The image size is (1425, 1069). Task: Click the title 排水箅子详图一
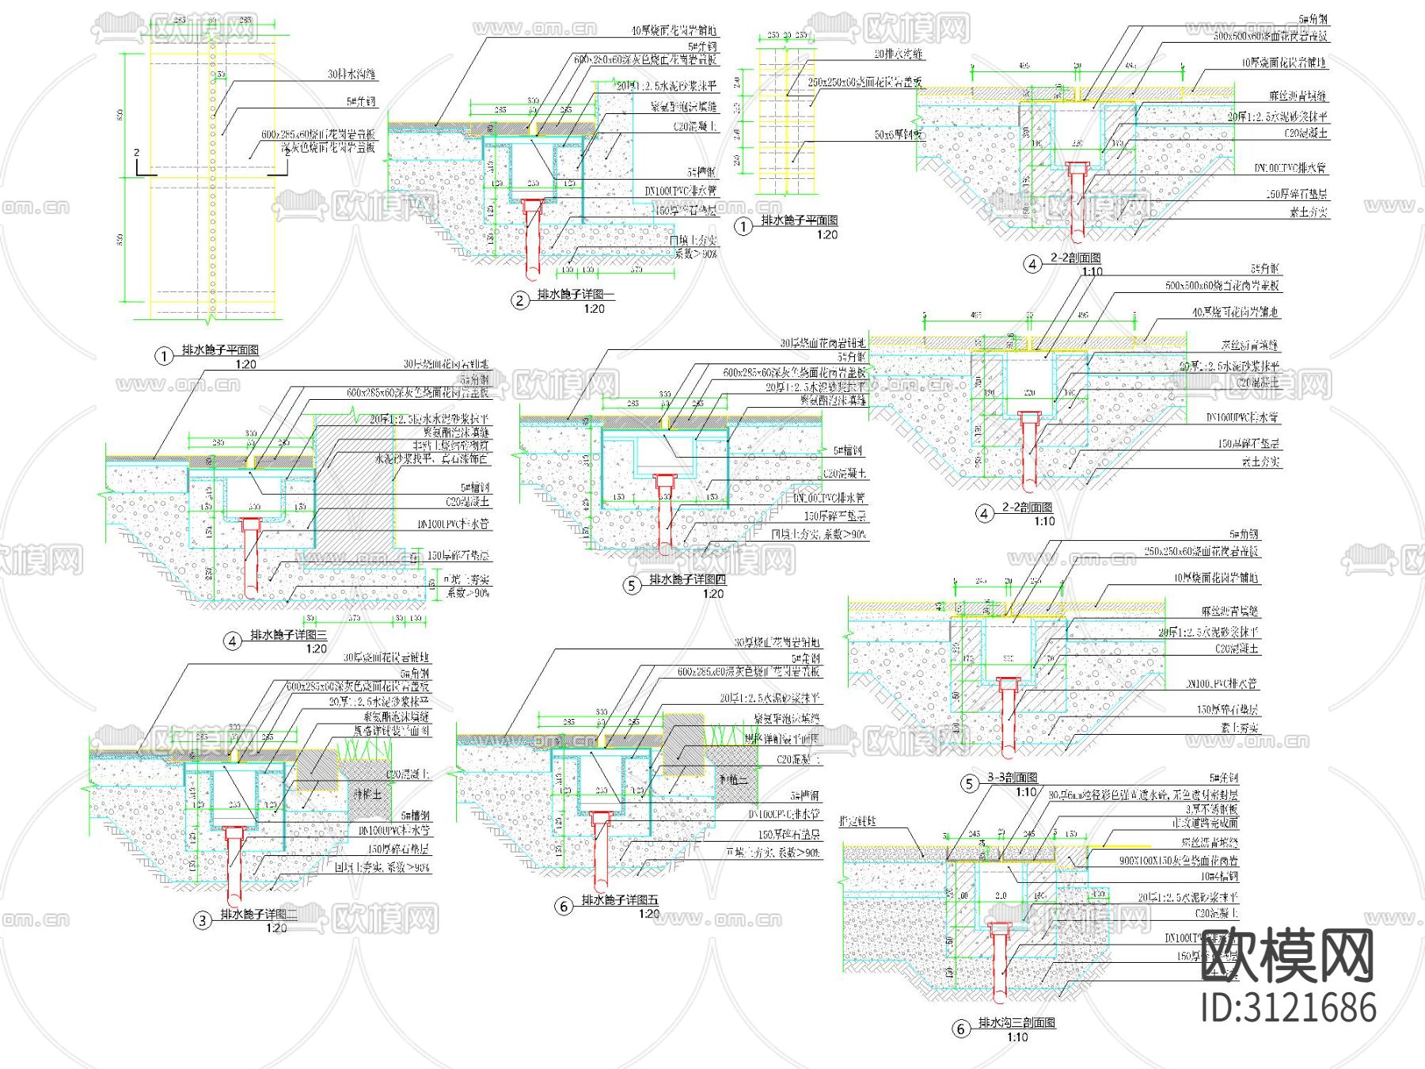pos(576,295)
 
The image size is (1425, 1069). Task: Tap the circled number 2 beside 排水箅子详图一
pos(520,300)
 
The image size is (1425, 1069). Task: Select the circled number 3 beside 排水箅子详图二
pos(203,920)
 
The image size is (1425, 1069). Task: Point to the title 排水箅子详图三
pos(288,635)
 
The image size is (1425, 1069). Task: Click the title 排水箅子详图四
pos(687,580)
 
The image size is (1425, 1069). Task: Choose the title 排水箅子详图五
pos(620,900)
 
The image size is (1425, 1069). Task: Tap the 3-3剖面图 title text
pos(1012,778)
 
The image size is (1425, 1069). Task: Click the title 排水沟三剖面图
pos(1016,1022)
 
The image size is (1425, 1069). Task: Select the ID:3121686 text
pos(1288,1008)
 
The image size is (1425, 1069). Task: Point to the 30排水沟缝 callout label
pos(351,74)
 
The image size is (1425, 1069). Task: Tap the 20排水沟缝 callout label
pos(898,54)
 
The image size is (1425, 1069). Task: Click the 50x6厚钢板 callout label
pos(898,135)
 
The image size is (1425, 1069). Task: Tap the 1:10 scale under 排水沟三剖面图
pos(1017,1037)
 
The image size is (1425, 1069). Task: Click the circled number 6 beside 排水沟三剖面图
pos(960,1029)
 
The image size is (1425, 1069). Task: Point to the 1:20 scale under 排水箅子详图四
pos(712,594)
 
